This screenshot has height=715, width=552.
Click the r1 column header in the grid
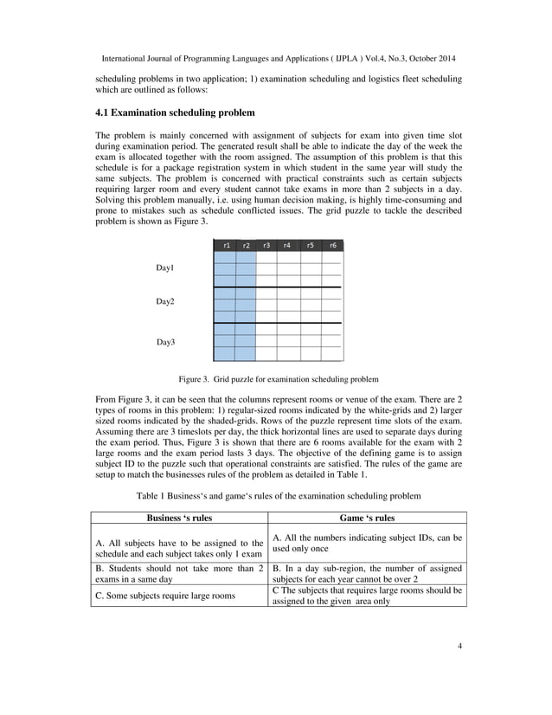click(x=225, y=245)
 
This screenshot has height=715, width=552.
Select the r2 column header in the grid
click(x=246, y=245)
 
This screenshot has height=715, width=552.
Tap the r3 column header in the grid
click(x=266, y=245)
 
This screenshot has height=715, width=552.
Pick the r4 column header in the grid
click(x=287, y=245)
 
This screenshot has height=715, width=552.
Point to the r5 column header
click(x=311, y=245)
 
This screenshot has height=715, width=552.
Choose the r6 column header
click(x=332, y=245)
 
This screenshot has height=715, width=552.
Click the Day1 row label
click(x=165, y=268)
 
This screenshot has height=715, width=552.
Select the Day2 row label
click(x=165, y=301)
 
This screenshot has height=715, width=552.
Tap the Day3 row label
click(x=165, y=342)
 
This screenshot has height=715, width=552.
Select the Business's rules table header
click(x=179, y=518)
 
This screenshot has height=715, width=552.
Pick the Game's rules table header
click(x=367, y=518)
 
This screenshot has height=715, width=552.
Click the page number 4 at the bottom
click(x=459, y=669)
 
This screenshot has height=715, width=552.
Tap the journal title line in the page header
click(x=279, y=58)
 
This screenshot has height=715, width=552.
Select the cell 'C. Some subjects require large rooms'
click(x=164, y=596)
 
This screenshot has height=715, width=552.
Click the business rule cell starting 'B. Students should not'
click(x=179, y=574)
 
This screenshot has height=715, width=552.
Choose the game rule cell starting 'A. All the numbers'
click(x=367, y=543)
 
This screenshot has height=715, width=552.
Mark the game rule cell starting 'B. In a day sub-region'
click(x=367, y=574)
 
